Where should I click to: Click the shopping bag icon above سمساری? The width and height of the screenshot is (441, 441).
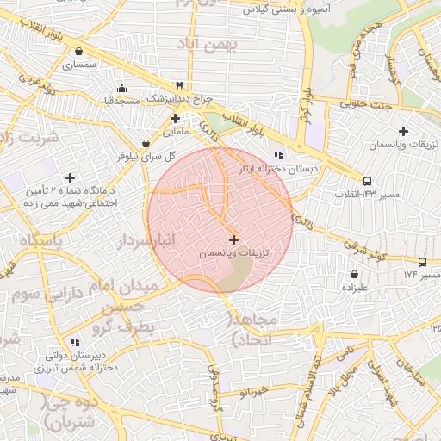pyautogui.click(x=79, y=51)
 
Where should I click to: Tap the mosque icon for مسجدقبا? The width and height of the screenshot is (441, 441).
pyautogui.click(x=121, y=87)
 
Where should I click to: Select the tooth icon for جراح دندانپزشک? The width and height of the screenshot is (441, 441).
pyautogui.click(x=178, y=85)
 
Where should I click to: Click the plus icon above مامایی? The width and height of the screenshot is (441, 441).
pyautogui.click(x=175, y=117)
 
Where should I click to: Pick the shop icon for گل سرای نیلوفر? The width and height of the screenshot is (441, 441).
pyautogui.click(x=146, y=143)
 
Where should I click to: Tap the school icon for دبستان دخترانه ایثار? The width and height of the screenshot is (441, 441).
pyautogui.click(x=277, y=155)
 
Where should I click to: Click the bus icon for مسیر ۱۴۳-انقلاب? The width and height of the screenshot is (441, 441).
pyautogui.click(x=368, y=181)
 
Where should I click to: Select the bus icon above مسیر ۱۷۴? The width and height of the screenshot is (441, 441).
pyautogui.click(x=421, y=261)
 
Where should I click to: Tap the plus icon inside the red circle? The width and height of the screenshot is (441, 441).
pyautogui.click(x=234, y=239)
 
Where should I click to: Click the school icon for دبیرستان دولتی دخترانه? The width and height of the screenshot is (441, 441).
pyautogui.click(x=75, y=341)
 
